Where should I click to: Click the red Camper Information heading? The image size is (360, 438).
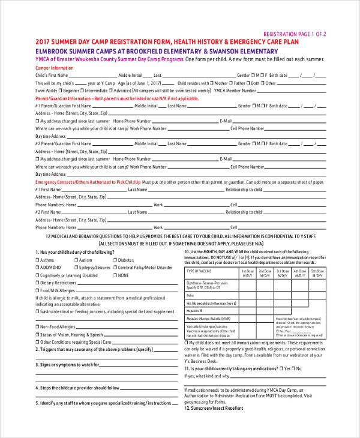coord(55,68)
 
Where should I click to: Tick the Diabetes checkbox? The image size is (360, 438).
coord(115,260)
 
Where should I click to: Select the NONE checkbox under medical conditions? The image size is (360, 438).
coord(115,275)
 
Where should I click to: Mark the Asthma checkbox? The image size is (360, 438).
coord(38,260)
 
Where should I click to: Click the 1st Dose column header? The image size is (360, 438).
coord(247,273)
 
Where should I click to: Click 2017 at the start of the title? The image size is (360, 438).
coord(43,43)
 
